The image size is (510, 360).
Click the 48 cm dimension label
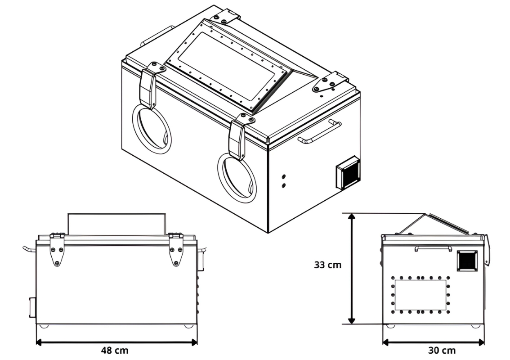115,351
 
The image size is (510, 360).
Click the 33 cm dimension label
327,265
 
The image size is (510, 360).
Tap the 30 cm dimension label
442,351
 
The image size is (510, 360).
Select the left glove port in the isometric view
152,129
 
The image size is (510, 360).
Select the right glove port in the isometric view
237,178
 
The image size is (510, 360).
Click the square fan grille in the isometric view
348,172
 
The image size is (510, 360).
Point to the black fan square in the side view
467,261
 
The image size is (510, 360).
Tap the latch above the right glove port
239,137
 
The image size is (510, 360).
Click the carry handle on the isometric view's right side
319,132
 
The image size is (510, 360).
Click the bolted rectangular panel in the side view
421,295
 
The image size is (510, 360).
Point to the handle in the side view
433,248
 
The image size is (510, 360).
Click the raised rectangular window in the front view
117,224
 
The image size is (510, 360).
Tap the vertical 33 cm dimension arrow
351,269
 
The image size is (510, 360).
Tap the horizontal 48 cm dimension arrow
116,342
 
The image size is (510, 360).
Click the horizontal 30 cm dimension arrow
433,342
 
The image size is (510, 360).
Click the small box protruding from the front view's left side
32,307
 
